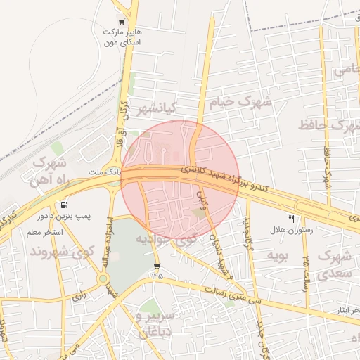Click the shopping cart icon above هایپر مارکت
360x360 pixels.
122,21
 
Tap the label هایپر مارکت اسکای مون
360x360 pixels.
122,38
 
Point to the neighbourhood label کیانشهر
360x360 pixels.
155,108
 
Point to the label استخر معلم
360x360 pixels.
45,232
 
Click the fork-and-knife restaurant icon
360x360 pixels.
290,219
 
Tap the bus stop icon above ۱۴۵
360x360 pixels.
156,266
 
